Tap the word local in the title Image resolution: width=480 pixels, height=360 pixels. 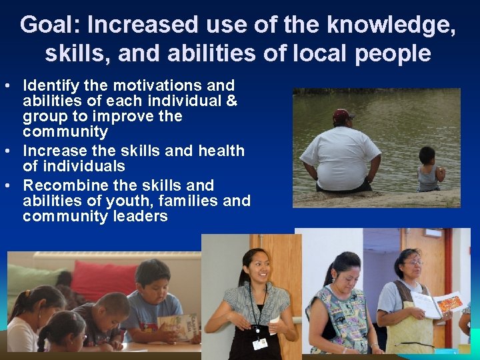click(x=303, y=53)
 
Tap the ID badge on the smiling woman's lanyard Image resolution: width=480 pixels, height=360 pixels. click(x=259, y=343)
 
